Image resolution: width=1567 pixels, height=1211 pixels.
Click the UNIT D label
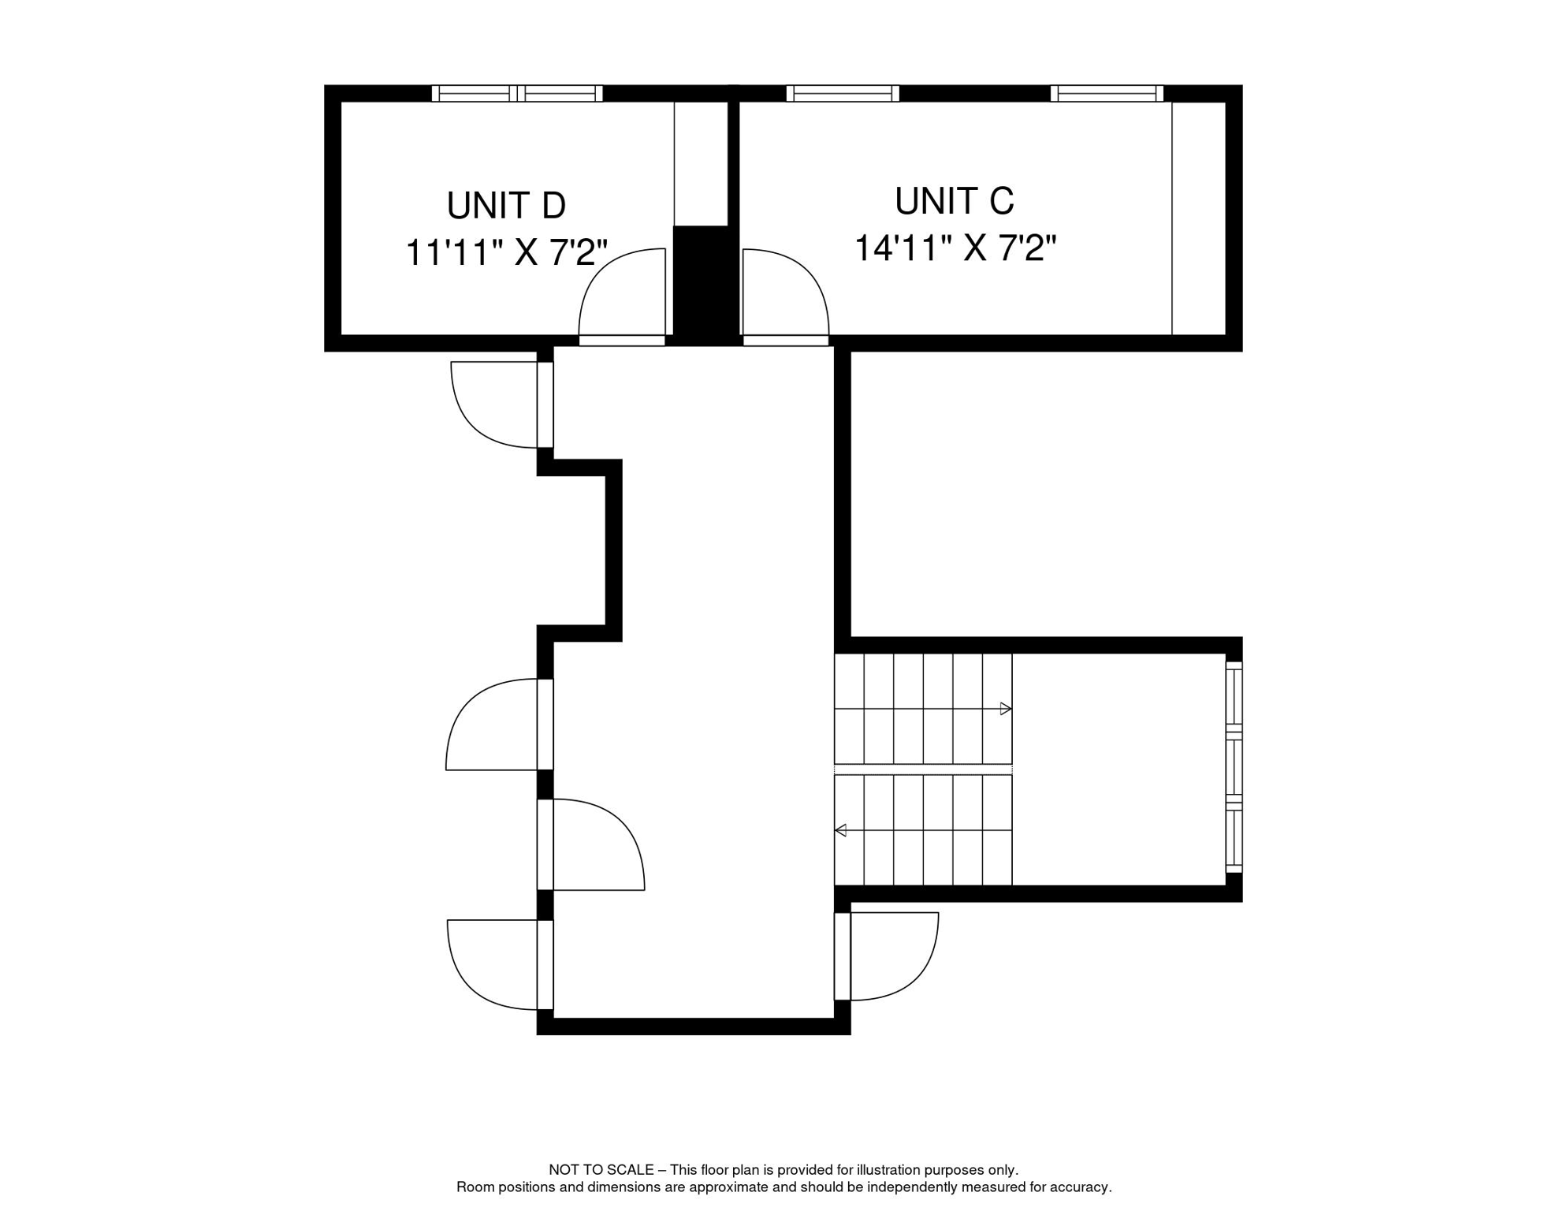coord(506,206)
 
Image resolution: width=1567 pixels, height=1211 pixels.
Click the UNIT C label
coord(954,201)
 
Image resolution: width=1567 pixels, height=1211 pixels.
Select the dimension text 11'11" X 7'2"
coord(506,253)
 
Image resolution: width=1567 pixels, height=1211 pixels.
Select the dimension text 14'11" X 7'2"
coord(955,248)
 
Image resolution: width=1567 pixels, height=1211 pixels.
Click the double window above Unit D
coord(517,93)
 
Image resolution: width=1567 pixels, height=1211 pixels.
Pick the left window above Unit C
coord(842,93)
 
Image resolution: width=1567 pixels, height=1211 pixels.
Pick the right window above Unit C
coord(1106,93)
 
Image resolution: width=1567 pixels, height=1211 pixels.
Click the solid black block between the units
coord(701,285)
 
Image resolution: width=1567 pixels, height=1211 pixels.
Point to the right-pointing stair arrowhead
coord(1006,709)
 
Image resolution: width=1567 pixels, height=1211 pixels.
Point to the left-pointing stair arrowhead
coord(841,830)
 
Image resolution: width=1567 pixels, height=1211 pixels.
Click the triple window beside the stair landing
coord(1234,767)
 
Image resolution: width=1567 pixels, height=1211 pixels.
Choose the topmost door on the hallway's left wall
coord(497,405)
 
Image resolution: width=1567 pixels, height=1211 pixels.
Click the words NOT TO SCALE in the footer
coord(601,1170)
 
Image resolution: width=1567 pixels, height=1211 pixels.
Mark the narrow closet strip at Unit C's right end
coord(1198,218)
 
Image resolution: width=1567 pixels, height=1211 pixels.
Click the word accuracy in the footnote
coord(1084,1187)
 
